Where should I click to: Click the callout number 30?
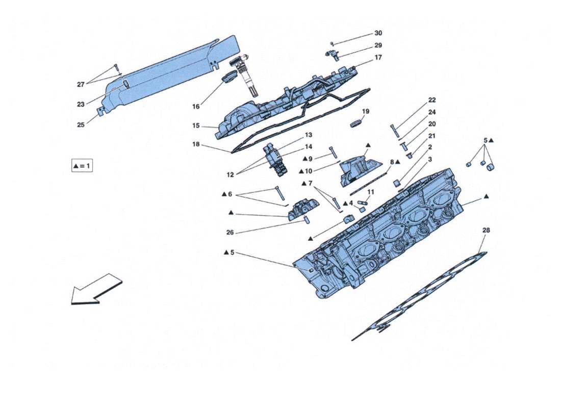click(x=378, y=33)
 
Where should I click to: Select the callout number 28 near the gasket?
click(x=486, y=231)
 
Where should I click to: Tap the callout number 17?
click(x=378, y=58)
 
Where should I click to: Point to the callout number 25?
click(x=81, y=124)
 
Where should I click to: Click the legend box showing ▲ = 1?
click(x=82, y=166)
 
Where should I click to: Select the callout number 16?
click(x=196, y=107)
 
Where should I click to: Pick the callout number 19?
click(x=366, y=111)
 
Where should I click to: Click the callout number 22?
click(x=432, y=100)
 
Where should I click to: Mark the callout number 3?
click(x=430, y=160)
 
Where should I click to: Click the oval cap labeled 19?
click(x=356, y=123)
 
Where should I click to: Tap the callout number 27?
click(x=81, y=84)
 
